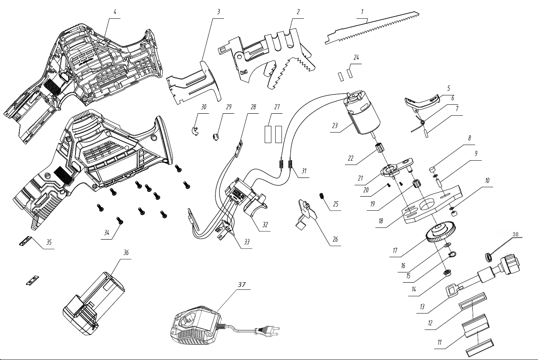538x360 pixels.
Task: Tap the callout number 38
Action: [515, 235]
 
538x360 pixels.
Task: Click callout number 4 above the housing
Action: [115, 12]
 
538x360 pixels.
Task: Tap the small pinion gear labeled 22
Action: [380, 148]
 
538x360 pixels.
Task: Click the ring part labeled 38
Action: [488, 257]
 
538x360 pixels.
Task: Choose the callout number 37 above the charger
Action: [242, 285]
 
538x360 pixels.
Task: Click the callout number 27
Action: [277, 107]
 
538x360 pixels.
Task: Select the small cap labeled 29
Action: [215, 137]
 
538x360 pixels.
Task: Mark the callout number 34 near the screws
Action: [107, 233]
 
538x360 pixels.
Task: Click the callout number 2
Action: [298, 12]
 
